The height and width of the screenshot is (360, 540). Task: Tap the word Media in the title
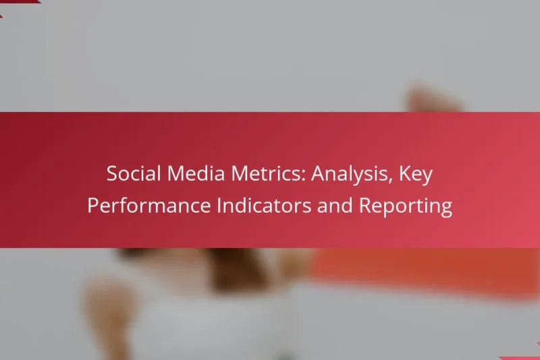(x=196, y=174)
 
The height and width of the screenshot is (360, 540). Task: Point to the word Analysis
(x=352, y=174)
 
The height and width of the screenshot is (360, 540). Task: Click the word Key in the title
(x=416, y=174)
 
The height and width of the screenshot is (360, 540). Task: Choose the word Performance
(x=148, y=205)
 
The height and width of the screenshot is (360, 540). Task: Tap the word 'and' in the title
(x=335, y=205)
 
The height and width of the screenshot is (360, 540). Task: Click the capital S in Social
(x=113, y=174)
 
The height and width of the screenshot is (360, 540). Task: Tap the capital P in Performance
(x=93, y=205)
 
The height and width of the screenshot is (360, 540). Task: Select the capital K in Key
(x=406, y=174)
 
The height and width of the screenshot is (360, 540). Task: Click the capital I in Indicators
(x=219, y=205)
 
